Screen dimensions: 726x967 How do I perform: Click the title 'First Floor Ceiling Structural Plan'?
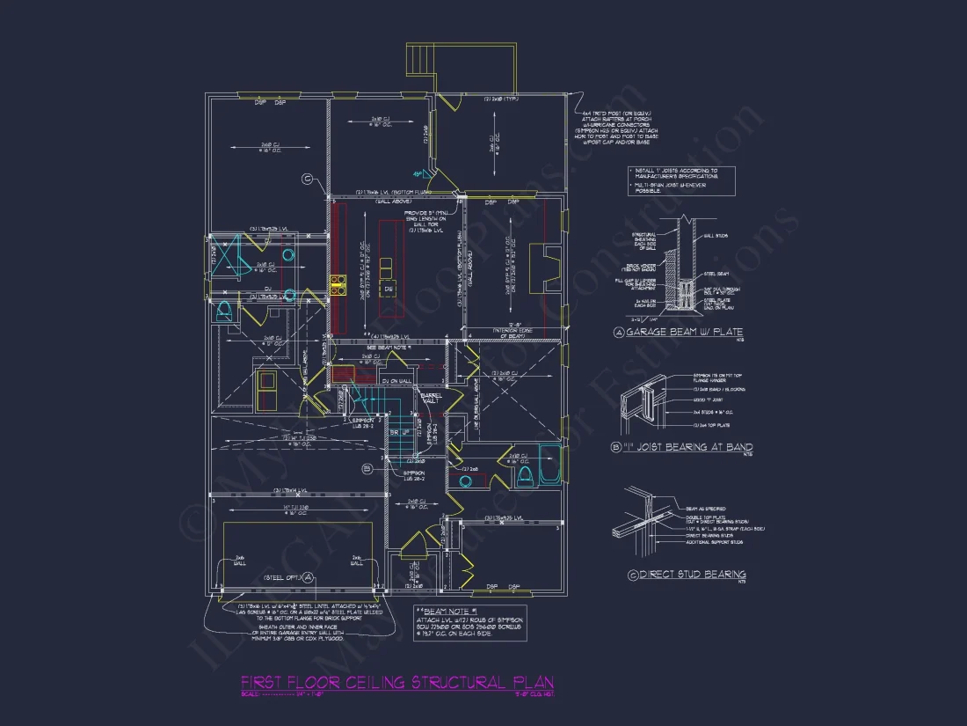pyautogui.click(x=397, y=683)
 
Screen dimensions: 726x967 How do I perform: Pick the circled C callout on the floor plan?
pyautogui.click(x=307, y=180)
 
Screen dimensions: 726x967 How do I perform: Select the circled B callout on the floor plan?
pyautogui.click(x=367, y=471)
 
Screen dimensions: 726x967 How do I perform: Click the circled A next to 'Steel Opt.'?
pyautogui.click(x=308, y=578)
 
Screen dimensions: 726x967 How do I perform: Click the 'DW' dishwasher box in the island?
pyautogui.click(x=388, y=289)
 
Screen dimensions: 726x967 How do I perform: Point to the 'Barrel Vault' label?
pyautogui.click(x=431, y=399)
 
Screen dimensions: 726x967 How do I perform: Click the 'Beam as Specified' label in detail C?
pyautogui.click(x=705, y=509)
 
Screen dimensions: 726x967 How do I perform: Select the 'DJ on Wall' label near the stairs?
pyautogui.click(x=396, y=380)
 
